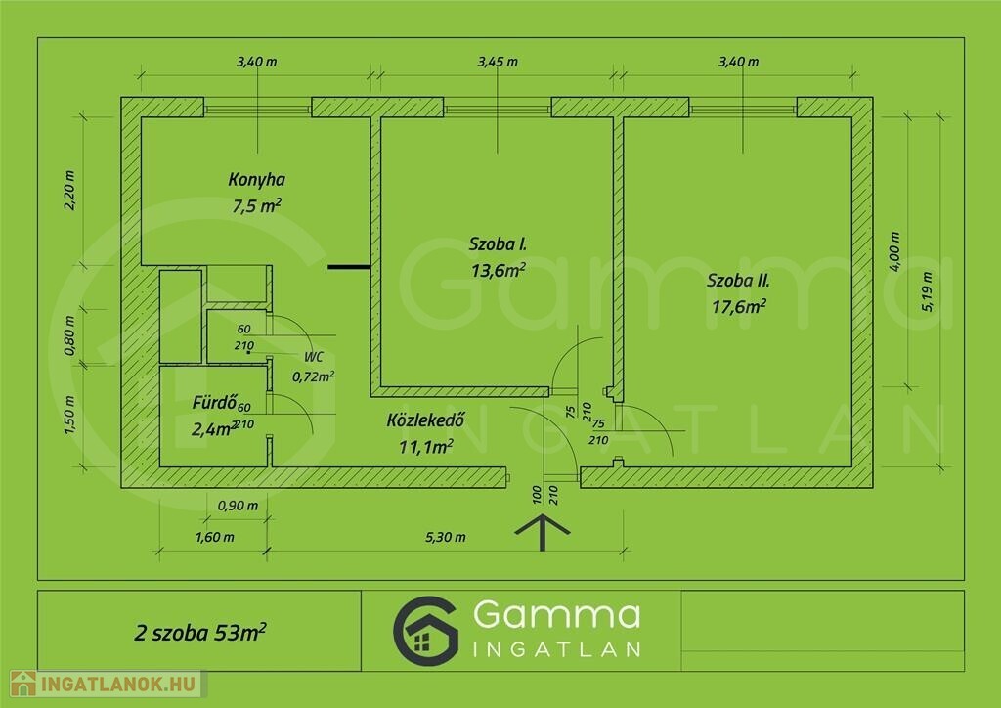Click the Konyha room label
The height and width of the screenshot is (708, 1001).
(x=257, y=179)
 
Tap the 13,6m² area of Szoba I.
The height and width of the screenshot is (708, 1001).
(x=499, y=270)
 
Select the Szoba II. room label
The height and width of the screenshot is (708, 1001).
(x=739, y=281)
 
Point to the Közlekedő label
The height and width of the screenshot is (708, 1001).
(x=425, y=420)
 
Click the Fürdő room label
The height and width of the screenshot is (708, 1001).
(x=215, y=402)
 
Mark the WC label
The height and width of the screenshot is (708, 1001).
(x=314, y=357)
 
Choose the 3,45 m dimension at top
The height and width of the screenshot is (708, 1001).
(x=498, y=62)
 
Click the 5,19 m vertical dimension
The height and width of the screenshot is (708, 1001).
(x=927, y=291)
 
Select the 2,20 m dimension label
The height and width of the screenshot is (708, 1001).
(x=69, y=191)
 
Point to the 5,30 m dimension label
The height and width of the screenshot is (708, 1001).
(x=446, y=538)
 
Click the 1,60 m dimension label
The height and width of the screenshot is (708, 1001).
(x=214, y=538)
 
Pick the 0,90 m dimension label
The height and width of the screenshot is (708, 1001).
(x=239, y=506)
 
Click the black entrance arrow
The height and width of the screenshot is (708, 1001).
(x=542, y=532)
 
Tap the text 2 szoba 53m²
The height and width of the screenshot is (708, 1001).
(x=200, y=632)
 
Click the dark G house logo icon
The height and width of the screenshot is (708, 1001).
(x=426, y=632)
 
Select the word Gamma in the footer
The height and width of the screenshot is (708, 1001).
(x=556, y=614)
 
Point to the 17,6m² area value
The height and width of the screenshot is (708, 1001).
(x=739, y=306)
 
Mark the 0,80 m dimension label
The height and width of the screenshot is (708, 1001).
(x=69, y=335)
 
